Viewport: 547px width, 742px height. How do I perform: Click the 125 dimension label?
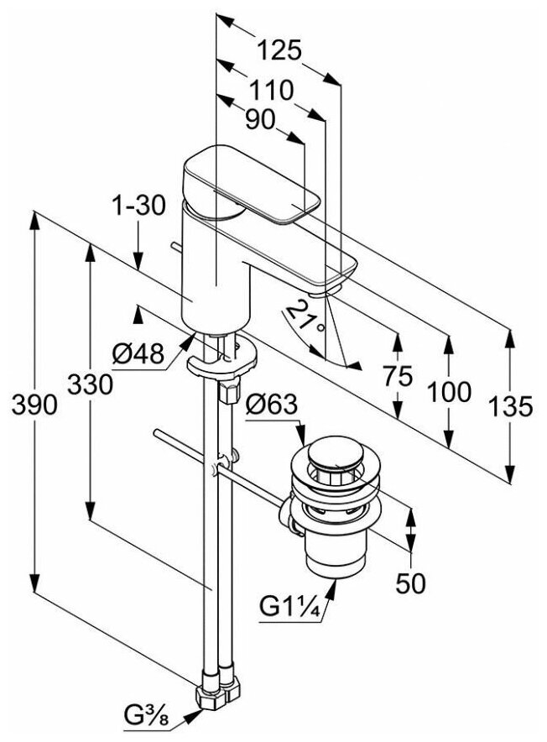click(x=279, y=51)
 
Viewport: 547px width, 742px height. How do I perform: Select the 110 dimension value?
click(x=269, y=90)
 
